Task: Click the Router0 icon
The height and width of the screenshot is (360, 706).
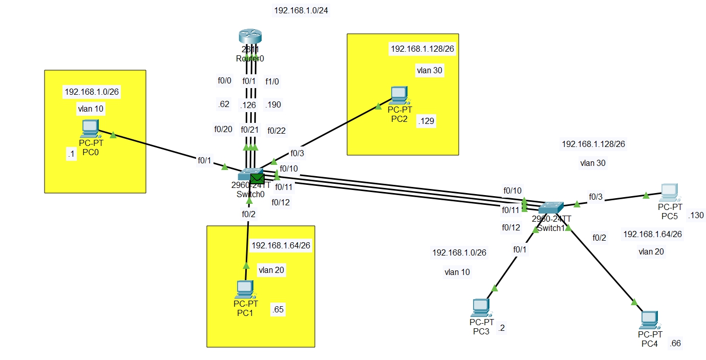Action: coord(250,37)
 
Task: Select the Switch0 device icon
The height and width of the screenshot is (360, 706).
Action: coord(249,174)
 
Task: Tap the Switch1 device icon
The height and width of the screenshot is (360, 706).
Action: coord(551,207)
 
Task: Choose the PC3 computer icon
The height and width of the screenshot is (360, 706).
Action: coord(481,307)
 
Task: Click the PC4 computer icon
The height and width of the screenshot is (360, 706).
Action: coord(649,320)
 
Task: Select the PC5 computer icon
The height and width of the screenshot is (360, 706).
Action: coord(669,193)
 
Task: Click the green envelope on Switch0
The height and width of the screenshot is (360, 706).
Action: coord(257,179)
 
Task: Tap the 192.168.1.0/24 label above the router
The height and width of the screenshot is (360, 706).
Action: coord(297,10)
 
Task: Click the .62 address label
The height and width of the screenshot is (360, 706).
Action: coord(223,104)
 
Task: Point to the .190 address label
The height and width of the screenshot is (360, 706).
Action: coord(272,104)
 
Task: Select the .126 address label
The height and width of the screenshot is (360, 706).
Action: coord(248,105)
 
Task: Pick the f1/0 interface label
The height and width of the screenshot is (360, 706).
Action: coord(272,81)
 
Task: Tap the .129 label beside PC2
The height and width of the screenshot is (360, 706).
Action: coord(426,121)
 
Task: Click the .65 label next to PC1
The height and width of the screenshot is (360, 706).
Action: coord(278,309)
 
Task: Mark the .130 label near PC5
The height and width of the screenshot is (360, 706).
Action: coord(696,216)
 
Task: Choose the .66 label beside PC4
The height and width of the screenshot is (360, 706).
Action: coord(675,343)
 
